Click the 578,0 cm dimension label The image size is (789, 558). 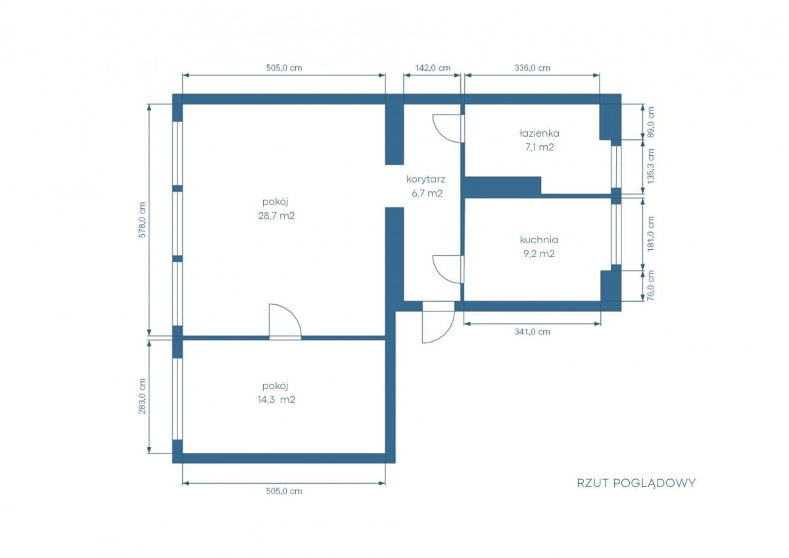pos(142,220)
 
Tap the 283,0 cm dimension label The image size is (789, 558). pos(142,396)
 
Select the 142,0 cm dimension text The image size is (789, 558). pos(433,68)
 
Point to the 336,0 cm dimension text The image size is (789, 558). pos(532,68)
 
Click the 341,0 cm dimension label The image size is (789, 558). pos(532,332)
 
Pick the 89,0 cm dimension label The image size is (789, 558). pos(650,122)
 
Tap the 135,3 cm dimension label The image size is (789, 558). pos(650,166)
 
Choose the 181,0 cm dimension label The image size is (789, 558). pos(650,234)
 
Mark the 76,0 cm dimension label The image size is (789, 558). pos(650,285)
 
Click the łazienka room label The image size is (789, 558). pos(539,133)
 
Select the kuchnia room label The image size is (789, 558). pos(539,240)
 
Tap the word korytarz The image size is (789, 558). pos(426,179)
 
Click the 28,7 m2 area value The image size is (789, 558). pos(276,216)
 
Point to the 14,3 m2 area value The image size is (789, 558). pos(276,400)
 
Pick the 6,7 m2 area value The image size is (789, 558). pos(427,193)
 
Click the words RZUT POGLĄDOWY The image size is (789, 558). pos(636,483)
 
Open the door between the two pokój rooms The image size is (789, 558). pos(285,322)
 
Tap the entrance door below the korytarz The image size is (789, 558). pos(438,322)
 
